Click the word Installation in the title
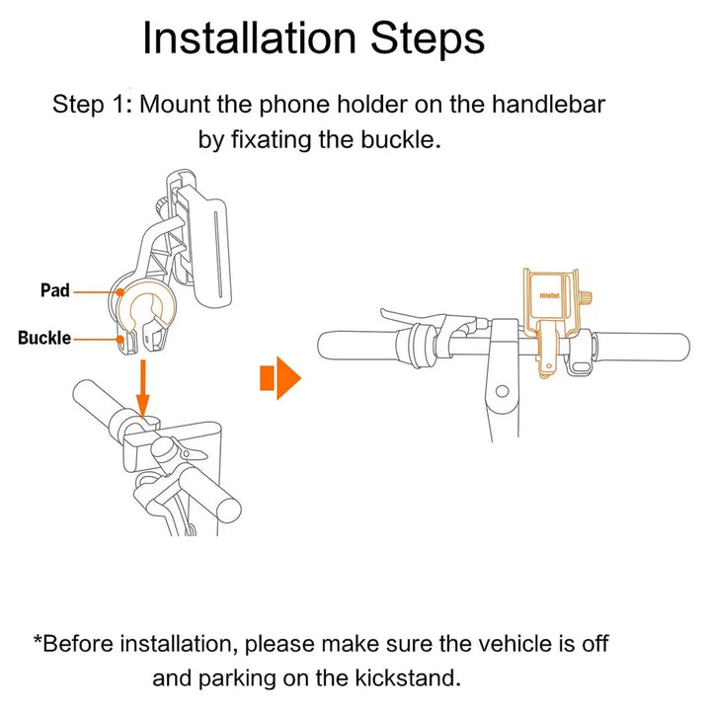[249, 39]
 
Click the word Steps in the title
[428, 39]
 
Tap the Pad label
[55, 290]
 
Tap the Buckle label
[44, 339]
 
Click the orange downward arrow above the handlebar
[143, 389]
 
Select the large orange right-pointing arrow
[280, 377]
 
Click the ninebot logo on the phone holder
[550, 295]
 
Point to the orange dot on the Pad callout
[119, 292]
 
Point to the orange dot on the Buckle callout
[120, 339]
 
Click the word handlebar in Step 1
[549, 105]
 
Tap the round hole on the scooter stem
[502, 391]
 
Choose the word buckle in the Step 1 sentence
[401, 139]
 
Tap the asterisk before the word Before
[38, 639]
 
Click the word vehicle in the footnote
[515, 644]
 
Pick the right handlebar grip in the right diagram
[642, 348]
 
